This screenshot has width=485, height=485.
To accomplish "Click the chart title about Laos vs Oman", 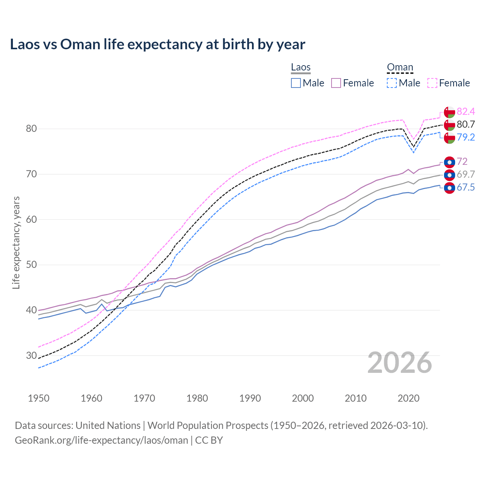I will click(x=157, y=44).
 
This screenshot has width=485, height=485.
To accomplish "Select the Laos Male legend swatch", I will click(x=296, y=83).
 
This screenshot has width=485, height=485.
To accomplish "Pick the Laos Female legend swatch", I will click(x=336, y=83).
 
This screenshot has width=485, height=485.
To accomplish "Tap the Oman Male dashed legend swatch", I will click(x=392, y=83).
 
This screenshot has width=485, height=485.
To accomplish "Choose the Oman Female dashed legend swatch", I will click(x=432, y=83).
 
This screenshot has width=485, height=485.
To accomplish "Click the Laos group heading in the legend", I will click(x=301, y=67).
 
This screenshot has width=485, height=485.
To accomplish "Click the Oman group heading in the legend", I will click(x=400, y=67).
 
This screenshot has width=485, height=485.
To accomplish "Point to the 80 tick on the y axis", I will click(x=31, y=129).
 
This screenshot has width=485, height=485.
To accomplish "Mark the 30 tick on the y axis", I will click(x=31, y=355).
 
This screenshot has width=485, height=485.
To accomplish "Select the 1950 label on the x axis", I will click(x=39, y=398).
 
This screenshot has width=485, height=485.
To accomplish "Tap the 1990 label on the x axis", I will click(x=250, y=398).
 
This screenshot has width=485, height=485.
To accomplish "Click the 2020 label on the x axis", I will click(x=408, y=398).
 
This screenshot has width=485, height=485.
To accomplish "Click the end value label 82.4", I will click(x=466, y=111).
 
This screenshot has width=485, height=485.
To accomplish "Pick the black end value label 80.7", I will click(x=466, y=124).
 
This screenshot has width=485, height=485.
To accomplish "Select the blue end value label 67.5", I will click(x=466, y=188).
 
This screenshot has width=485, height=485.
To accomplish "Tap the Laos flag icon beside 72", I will click(x=449, y=162).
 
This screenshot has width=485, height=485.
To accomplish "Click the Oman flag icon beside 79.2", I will click(x=449, y=138).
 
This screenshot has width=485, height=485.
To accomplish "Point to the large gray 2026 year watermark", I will click(x=399, y=363).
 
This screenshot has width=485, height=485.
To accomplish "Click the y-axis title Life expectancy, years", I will click(x=16, y=242).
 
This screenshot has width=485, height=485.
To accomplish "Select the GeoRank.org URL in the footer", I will click(x=101, y=440).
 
